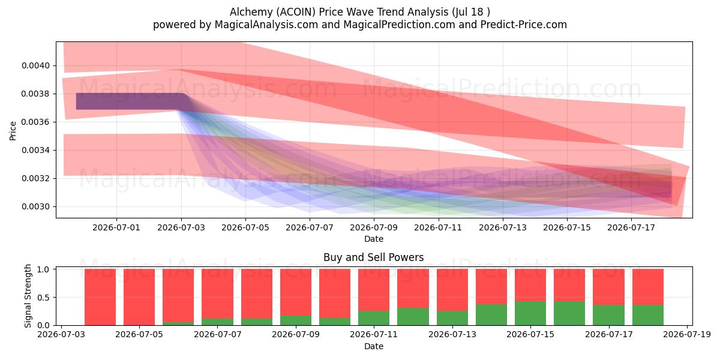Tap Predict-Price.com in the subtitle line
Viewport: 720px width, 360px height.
coord(524,25)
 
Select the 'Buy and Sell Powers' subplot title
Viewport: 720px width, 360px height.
coord(373,257)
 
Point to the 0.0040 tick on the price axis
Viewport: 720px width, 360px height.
coord(35,65)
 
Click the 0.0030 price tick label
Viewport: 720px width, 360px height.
coord(35,206)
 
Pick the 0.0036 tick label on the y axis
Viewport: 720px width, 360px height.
coord(35,122)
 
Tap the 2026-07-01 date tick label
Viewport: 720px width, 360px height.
coord(116,227)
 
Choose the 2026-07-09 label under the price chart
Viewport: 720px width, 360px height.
coord(373,227)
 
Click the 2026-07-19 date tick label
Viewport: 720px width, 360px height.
coord(687,335)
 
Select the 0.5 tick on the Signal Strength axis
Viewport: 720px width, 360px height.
coord(43,298)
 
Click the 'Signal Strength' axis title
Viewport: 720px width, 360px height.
coord(28,296)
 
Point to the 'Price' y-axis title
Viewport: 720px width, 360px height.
coord(13,131)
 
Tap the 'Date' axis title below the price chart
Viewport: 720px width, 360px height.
coord(373,239)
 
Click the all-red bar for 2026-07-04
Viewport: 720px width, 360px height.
coord(100,297)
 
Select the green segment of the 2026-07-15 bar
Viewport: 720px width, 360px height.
coord(530,313)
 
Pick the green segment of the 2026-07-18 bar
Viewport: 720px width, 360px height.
coord(648,315)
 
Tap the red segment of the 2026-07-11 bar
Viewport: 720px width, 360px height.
coord(374,290)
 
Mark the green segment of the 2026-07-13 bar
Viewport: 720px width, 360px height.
coord(452,318)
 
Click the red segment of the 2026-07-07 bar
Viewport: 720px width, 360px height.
coord(217,294)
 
